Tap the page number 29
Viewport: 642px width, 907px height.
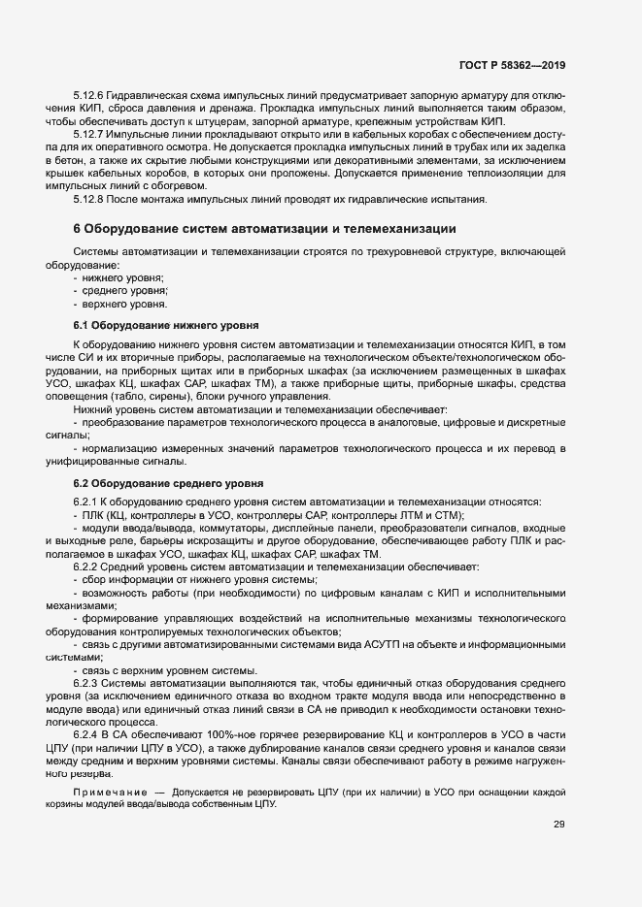pos(558,825)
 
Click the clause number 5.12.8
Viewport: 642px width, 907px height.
pos(90,199)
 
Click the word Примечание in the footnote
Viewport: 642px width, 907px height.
pos(111,794)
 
